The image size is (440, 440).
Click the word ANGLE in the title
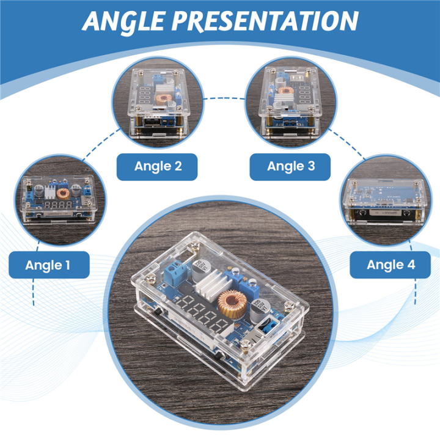tap(123, 22)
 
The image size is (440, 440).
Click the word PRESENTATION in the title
tap(265, 21)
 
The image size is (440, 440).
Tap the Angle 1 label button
tap(49, 265)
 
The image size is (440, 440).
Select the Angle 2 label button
tap(157, 167)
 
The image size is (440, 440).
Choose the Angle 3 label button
tap(290, 167)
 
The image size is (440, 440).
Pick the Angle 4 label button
tap(391, 265)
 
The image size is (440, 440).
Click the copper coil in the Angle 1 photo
tap(63, 193)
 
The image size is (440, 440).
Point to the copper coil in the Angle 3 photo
tap(285, 90)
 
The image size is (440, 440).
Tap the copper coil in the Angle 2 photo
tap(164, 99)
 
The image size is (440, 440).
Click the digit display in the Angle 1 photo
tap(58, 205)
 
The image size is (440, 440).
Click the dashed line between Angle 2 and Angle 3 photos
tap(224, 98)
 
